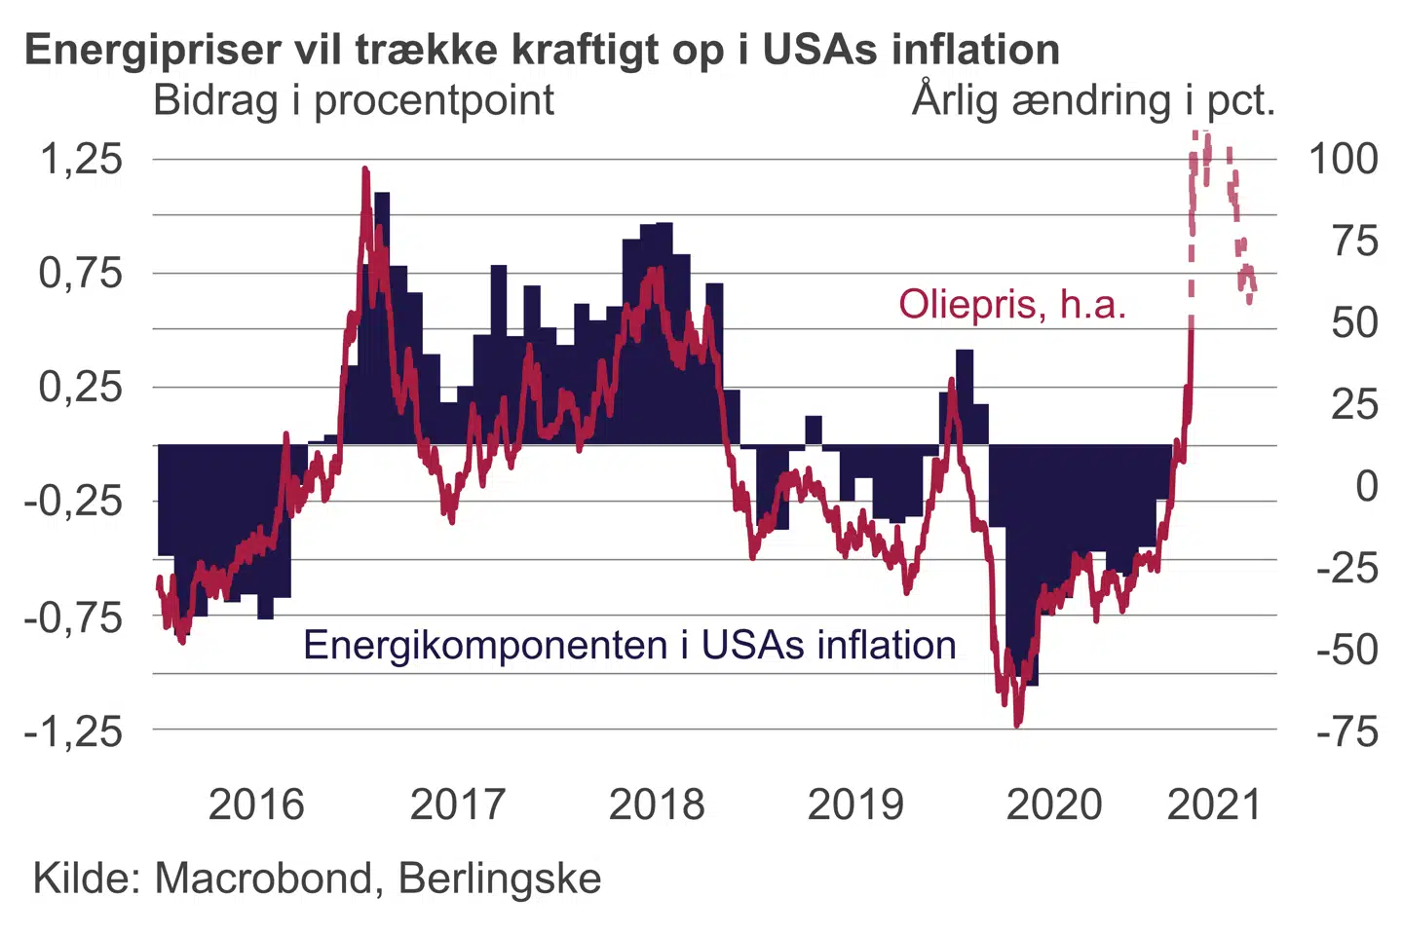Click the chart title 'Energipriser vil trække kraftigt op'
coord(542,49)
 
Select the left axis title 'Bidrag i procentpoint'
coord(354,100)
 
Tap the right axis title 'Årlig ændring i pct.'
coord(1093,100)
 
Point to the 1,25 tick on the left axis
coord(81,158)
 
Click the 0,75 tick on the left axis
coord(81,273)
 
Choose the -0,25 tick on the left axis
coord(74,502)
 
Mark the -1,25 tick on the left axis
coord(74,730)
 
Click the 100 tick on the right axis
coord(1343,158)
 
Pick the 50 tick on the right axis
coord(1354,322)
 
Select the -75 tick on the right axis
coord(1346,730)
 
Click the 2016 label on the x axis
coord(256,804)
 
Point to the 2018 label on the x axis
coord(657,804)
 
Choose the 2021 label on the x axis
coord(1214,804)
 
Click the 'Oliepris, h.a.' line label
coord(1011,305)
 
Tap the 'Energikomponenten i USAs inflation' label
coord(629,645)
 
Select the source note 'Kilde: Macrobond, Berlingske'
coord(317,879)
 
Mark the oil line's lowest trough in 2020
coord(1017,724)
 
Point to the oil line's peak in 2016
coord(365,170)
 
